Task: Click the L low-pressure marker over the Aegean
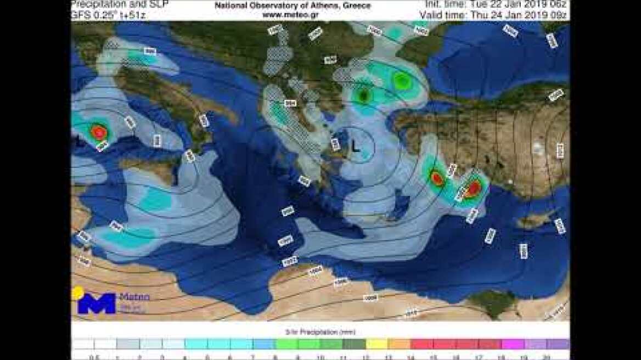356,146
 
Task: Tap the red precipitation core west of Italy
99,132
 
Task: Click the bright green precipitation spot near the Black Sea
402,82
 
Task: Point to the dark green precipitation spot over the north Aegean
364,95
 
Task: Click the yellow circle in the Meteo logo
78,292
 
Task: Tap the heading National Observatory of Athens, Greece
293,5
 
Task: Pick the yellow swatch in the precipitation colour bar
376,344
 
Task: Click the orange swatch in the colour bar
399,344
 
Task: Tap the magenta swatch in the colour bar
513,344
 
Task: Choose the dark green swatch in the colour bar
353,344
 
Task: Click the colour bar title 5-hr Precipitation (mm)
320,332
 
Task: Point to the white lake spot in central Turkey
511,181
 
